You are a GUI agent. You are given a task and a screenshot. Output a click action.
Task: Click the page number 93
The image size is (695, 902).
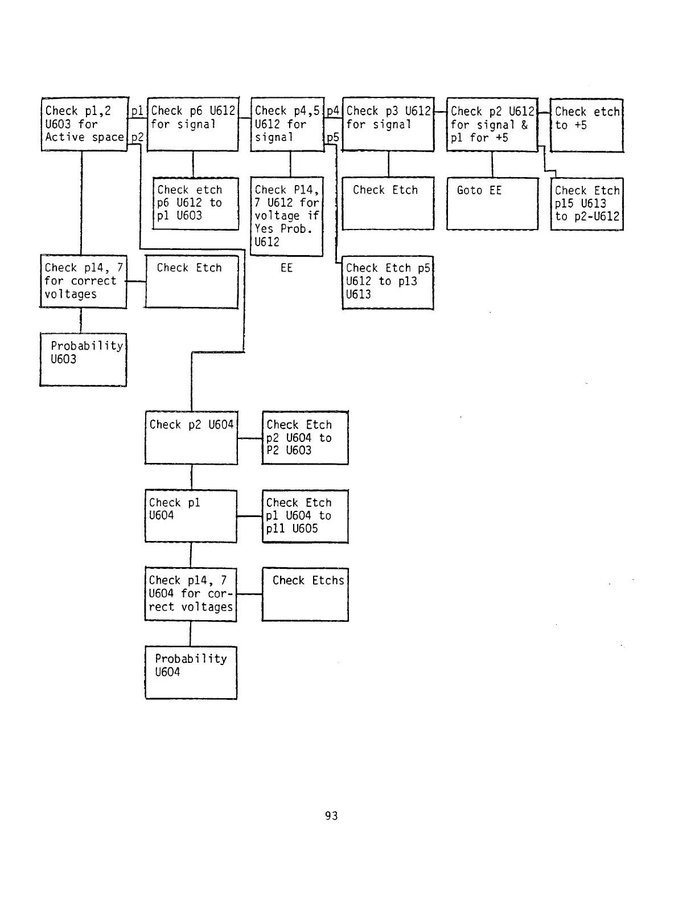click(x=331, y=816)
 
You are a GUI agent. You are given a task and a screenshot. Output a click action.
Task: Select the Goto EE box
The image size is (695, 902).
click(x=492, y=203)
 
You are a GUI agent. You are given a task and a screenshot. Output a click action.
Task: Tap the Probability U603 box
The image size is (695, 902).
click(x=83, y=359)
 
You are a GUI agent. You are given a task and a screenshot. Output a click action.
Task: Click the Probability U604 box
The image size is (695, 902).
click(x=191, y=672)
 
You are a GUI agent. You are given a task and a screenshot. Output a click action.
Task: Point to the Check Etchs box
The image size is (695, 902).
click(x=305, y=594)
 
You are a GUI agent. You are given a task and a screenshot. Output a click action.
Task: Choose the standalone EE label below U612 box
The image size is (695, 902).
click(x=286, y=268)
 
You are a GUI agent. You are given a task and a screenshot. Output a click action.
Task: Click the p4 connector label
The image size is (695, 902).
click(x=333, y=111)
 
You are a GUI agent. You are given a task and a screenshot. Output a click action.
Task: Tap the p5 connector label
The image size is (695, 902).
click(x=333, y=138)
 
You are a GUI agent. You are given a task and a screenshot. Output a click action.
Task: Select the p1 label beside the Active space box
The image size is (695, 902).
click(x=137, y=111)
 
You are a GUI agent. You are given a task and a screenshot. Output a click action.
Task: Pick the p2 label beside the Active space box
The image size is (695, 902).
click(x=137, y=137)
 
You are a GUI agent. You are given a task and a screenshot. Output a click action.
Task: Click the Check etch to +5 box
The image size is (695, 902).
click(x=586, y=125)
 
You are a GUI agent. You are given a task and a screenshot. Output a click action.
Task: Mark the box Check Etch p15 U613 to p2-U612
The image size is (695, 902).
click(x=587, y=204)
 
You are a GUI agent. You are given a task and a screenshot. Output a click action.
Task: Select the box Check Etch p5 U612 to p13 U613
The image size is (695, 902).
click(x=388, y=282)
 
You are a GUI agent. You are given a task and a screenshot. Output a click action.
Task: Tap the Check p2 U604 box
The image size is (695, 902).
click(x=191, y=437)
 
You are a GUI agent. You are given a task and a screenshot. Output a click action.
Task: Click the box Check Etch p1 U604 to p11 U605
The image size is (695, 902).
click(x=305, y=516)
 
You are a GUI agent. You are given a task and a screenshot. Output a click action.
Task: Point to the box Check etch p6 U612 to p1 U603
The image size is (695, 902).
click(x=196, y=203)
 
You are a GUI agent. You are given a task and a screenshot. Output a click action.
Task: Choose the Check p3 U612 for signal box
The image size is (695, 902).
click(x=388, y=124)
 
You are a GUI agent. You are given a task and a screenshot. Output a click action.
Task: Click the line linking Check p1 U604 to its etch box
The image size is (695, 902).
click(x=249, y=516)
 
